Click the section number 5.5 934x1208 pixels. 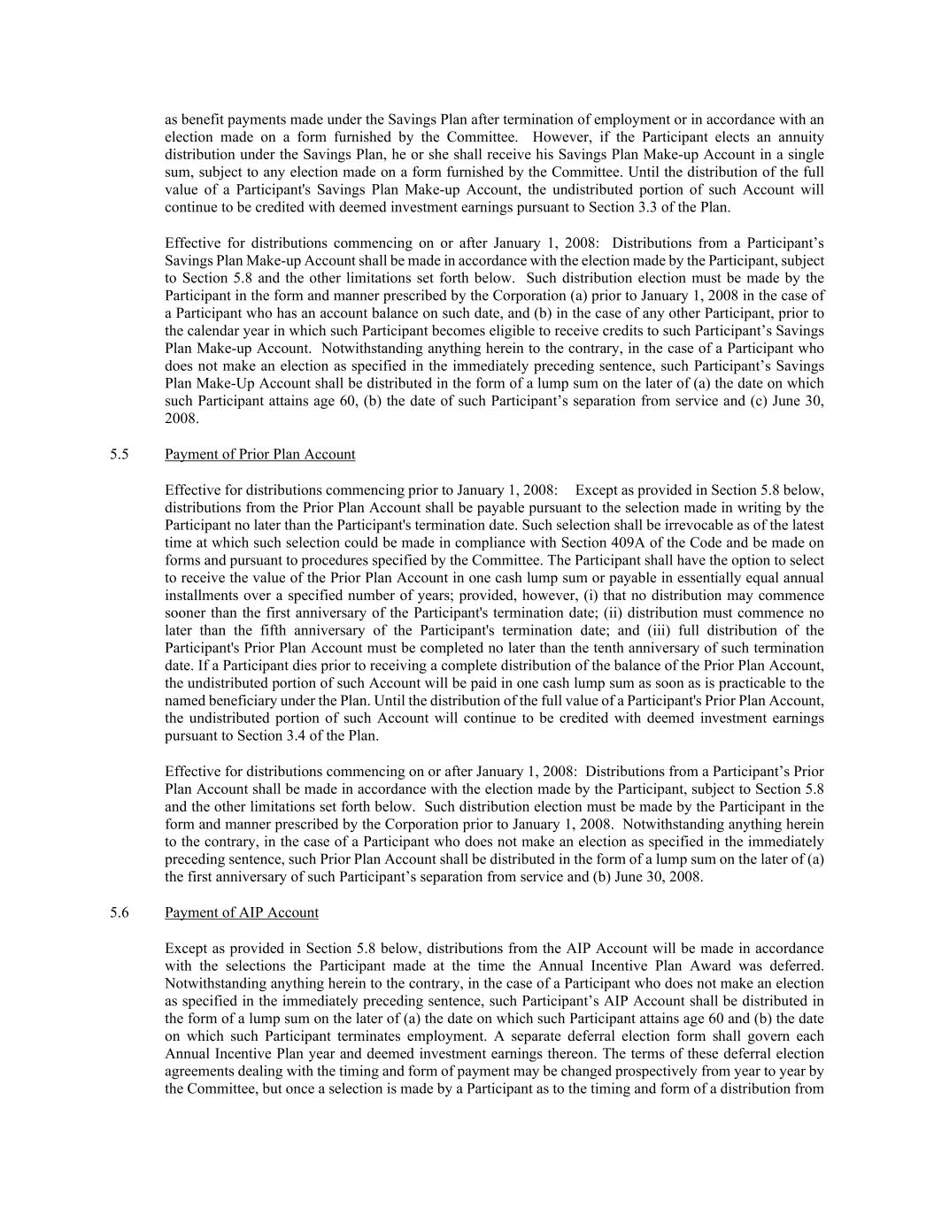(x=120, y=455)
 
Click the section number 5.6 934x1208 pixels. (x=120, y=912)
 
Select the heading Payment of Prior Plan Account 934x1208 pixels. (x=259, y=455)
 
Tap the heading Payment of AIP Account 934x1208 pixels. (x=241, y=912)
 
